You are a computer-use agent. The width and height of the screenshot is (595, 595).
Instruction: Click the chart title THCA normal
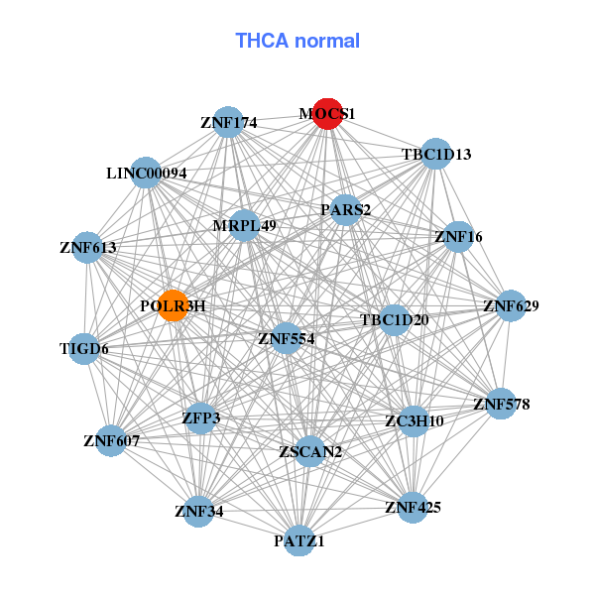[x=297, y=41]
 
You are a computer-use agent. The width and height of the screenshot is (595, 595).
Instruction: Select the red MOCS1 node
[x=327, y=114]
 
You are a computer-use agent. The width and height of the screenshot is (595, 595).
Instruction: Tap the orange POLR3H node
[x=174, y=305]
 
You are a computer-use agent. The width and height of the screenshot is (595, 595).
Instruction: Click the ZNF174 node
[x=229, y=123]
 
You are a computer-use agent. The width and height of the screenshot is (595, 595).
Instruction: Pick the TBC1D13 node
[x=436, y=154]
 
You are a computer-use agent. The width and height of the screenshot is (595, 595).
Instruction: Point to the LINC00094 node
[x=147, y=174]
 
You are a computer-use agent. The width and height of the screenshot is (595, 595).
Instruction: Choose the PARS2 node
[x=345, y=210]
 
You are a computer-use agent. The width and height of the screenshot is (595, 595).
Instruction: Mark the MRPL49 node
[x=244, y=226]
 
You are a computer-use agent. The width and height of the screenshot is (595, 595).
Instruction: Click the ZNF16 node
[x=458, y=236]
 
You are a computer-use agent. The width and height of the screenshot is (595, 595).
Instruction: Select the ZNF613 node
[x=88, y=247]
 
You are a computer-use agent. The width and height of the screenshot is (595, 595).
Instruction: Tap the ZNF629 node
[x=511, y=305]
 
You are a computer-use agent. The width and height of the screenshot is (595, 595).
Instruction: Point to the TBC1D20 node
[x=395, y=319]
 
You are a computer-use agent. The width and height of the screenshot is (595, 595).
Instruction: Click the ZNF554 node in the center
[x=286, y=338]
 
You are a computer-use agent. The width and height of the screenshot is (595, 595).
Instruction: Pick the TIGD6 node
[x=84, y=348]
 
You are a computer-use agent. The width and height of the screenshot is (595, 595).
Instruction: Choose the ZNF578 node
[x=501, y=404]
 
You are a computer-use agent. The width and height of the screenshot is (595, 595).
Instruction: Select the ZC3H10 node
[x=414, y=420]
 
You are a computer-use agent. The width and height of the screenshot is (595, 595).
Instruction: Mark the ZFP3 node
[x=200, y=418]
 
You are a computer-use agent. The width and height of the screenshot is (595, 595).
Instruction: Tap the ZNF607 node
[x=111, y=439]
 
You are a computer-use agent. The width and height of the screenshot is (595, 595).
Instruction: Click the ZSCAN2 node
[x=310, y=452]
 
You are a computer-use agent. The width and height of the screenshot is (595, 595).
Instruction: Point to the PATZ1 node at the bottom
[x=299, y=541]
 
